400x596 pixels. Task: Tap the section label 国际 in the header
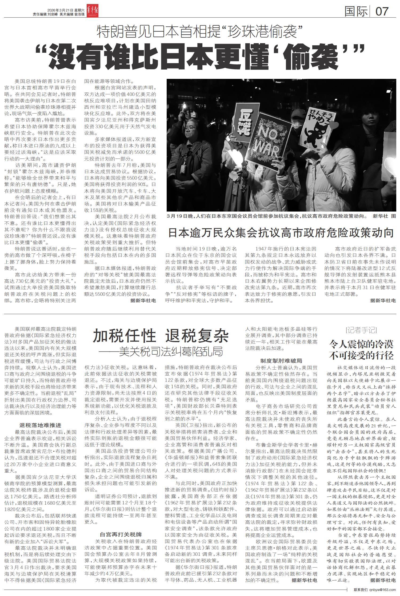356,11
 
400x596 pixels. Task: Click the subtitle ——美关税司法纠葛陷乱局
161,352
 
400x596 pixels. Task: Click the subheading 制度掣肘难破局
281,361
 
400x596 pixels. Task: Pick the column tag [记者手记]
361,330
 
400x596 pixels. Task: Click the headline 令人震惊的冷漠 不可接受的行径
361,350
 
